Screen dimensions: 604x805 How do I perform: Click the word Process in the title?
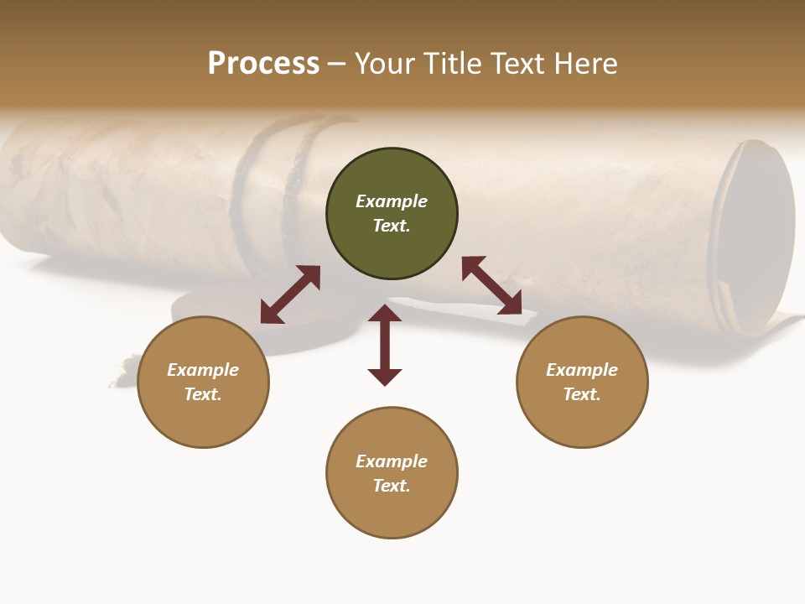263,64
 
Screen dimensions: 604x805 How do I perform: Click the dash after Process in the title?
337,65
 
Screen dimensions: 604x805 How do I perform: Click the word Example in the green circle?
392,201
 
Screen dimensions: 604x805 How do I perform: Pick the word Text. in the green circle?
392,226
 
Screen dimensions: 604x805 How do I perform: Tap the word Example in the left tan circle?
203,370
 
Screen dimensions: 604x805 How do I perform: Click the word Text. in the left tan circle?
203,394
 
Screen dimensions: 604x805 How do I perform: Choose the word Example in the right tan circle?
582,370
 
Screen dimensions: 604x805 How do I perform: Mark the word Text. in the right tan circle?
582,394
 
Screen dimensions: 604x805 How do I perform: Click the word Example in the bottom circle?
392,461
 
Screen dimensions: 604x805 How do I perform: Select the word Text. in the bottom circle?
392,486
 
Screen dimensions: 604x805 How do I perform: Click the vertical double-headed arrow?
385,345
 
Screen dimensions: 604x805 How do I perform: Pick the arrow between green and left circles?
290,294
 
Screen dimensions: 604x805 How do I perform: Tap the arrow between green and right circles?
491,285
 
